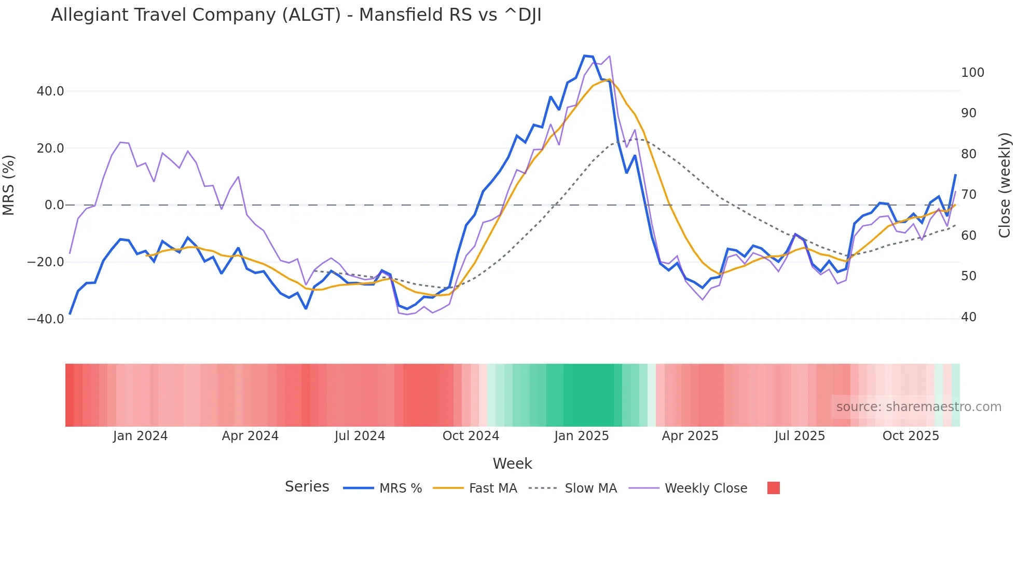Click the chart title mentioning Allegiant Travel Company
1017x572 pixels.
tap(296, 15)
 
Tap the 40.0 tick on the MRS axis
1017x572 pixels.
tap(50, 91)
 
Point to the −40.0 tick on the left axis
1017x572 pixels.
tap(46, 319)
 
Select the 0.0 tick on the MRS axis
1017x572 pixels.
tap(54, 205)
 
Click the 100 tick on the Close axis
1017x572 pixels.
tap(972, 73)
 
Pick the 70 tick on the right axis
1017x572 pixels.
tap(969, 195)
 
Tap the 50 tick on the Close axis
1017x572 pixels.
tap(969, 276)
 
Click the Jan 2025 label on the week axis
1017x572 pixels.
tap(581, 436)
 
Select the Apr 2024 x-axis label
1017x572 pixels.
tap(250, 436)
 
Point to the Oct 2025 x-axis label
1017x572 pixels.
tap(911, 436)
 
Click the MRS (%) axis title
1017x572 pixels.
tap(9, 185)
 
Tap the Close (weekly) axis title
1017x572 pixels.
tap(1005, 185)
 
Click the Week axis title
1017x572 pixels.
tap(512, 464)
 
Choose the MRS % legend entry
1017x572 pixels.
tap(383, 488)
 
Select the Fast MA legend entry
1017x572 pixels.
tap(475, 488)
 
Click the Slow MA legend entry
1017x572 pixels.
tap(573, 488)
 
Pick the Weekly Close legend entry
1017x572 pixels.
tap(688, 488)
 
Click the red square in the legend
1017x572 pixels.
tap(773, 488)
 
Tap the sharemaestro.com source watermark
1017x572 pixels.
tap(918, 407)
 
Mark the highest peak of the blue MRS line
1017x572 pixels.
tap(585, 56)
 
